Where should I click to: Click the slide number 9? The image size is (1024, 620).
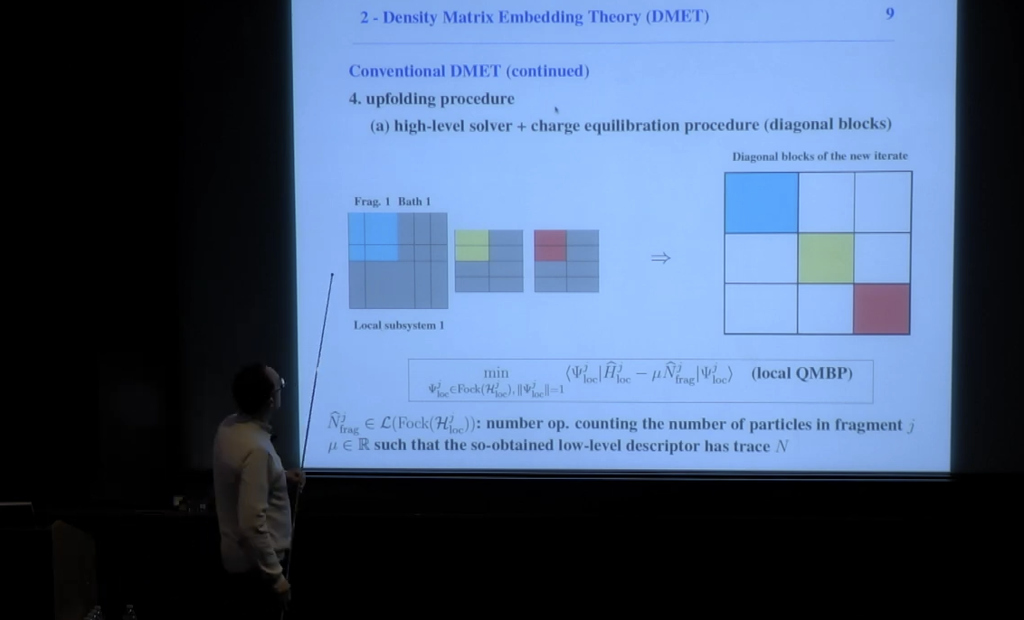pyautogui.click(x=890, y=14)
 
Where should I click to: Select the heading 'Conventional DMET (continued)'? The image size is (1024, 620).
pyautogui.click(x=469, y=71)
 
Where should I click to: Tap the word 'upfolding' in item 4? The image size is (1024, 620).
pyautogui.click(x=403, y=99)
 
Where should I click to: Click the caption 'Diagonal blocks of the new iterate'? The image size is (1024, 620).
pyautogui.click(x=820, y=156)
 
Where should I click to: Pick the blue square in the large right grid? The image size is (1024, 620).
pyautogui.click(x=761, y=202)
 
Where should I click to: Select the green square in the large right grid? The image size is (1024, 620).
pyautogui.click(x=825, y=258)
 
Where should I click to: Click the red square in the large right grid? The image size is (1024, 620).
pyautogui.click(x=882, y=308)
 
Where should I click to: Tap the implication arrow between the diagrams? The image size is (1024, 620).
pyautogui.click(x=660, y=258)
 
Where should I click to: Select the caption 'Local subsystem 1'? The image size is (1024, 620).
pyautogui.click(x=398, y=325)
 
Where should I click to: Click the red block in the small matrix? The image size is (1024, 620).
pyautogui.click(x=550, y=245)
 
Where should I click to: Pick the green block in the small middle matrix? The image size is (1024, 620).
pyautogui.click(x=471, y=245)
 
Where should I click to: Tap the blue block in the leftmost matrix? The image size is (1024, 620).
pyautogui.click(x=373, y=237)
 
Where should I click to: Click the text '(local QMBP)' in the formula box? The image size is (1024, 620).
pyautogui.click(x=801, y=373)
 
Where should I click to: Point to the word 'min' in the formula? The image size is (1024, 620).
pyautogui.click(x=496, y=372)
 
